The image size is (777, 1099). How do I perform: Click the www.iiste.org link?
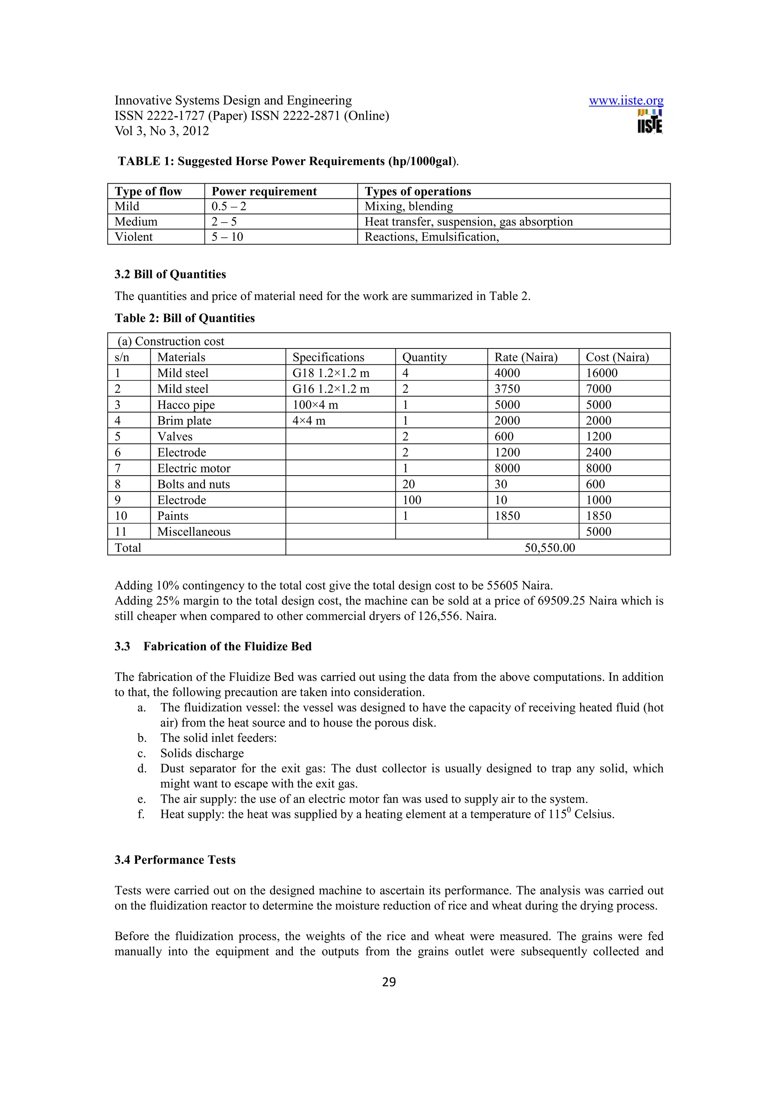[x=626, y=100]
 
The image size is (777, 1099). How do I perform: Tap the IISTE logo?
[x=650, y=122]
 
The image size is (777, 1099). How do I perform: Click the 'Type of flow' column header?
[x=148, y=192]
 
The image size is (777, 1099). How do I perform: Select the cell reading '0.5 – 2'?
[x=229, y=206]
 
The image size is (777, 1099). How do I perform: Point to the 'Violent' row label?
[x=134, y=237]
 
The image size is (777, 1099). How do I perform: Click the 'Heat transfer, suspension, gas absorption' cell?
[x=468, y=221]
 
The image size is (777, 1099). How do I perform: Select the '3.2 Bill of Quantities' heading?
[x=170, y=274]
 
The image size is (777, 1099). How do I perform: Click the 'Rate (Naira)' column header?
[x=526, y=357]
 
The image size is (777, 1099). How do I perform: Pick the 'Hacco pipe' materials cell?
[x=186, y=405]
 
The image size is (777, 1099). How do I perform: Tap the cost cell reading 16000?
[x=601, y=373]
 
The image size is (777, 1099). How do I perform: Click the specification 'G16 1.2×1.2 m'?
[x=330, y=389]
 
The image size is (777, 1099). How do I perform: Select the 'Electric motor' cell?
[x=194, y=468]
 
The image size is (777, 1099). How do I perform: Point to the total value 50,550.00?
[x=550, y=548]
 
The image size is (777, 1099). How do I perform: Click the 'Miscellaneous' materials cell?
[x=194, y=532]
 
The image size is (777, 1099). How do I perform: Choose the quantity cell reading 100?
[x=412, y=500]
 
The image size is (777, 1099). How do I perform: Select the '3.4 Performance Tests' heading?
[x=175, y=860]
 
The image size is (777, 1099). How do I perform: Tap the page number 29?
[x=389, y=982]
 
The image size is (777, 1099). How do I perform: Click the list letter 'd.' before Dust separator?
[x=142, y=769]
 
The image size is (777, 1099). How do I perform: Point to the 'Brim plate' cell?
[x=184, y=421]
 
